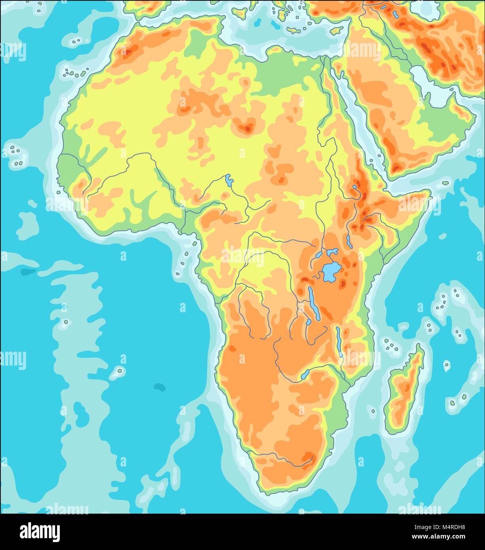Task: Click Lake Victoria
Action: coord(329,273)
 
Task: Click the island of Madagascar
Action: coord(405,390)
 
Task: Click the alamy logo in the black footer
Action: coord(36,531)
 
